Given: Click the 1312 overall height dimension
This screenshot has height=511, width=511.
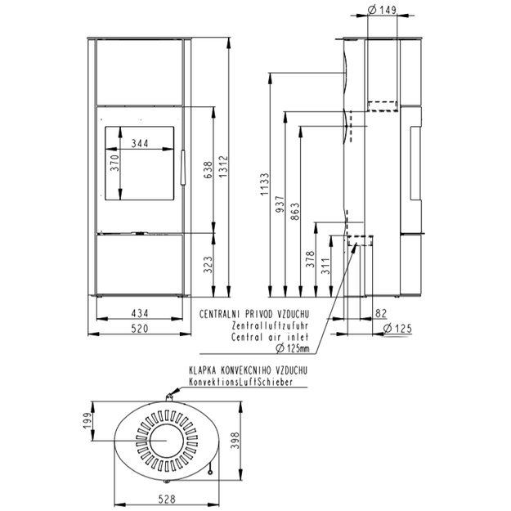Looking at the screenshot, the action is [x=223, y=167].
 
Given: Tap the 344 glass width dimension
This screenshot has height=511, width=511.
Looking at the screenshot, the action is [x=140, y=143].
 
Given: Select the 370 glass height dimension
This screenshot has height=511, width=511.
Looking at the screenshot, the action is [x=115, y=163].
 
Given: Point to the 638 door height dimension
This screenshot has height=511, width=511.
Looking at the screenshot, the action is [x=208, y=170].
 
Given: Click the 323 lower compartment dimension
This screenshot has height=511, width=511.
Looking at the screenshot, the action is [x=208, y=265].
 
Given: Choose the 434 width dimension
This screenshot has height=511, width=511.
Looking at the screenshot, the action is [x=140, y=313].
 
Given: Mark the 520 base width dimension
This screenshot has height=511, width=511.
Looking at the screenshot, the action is [x=140, y=329].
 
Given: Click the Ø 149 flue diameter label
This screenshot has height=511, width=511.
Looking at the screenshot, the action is [x=382, y=10].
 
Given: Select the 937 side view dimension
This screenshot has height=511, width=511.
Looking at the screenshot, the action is [x=280, y=204].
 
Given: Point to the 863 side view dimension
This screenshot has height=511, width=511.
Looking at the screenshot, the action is [x=295, y=212].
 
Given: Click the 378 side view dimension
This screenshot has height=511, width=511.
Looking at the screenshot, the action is [x=311, y=259].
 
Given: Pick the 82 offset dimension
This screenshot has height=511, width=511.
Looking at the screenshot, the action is [x=381, y=313].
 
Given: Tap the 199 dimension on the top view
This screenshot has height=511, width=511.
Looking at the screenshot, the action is [x=87, y=421].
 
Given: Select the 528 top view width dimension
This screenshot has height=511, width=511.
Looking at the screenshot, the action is [x=167, y=500].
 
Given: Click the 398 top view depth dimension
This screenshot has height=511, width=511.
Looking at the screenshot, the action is [x=235, y=441].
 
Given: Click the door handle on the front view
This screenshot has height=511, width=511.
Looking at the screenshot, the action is [x=183, y=167].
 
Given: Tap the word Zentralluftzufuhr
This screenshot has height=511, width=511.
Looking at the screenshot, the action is [x=270, y=325].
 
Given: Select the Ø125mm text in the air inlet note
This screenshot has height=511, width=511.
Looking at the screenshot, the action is [x=293, y=348].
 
